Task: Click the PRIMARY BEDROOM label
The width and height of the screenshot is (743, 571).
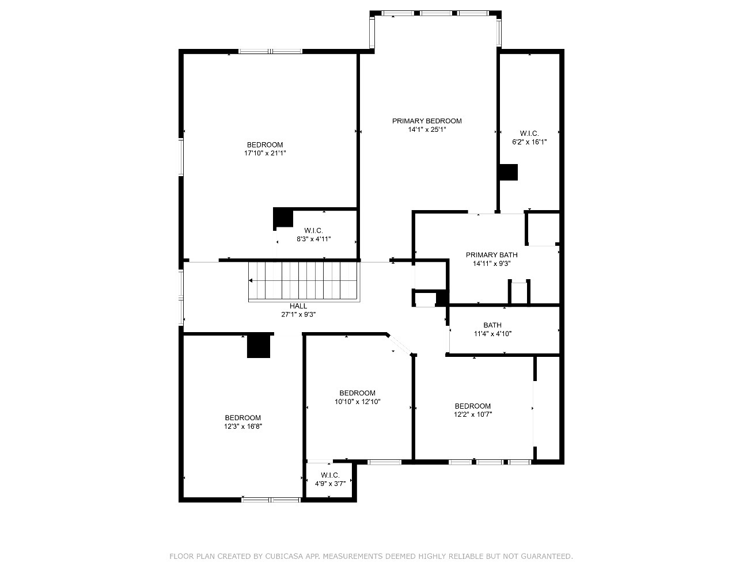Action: [427, 121]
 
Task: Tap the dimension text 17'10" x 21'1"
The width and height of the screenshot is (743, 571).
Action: [265, 154]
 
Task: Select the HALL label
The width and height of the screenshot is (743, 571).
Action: [298, 306]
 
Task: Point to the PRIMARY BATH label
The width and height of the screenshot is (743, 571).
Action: [492, 255]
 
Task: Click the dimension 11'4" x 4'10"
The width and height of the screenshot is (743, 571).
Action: [492, 334]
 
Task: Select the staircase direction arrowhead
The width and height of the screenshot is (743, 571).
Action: [251, 280]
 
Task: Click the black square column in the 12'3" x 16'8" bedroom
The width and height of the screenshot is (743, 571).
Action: [259, 347]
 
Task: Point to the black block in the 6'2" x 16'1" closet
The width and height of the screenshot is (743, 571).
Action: [509, 172]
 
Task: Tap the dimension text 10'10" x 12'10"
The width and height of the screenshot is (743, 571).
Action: [357, 402]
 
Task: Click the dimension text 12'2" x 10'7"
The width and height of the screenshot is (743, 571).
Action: [473, 414]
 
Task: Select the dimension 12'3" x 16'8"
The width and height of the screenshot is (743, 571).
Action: [243, 427]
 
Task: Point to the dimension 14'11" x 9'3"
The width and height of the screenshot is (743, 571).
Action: [492, 264]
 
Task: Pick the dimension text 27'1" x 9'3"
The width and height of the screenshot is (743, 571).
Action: [298, 315]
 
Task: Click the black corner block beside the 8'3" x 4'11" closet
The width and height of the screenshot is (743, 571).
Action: [283, 218]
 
